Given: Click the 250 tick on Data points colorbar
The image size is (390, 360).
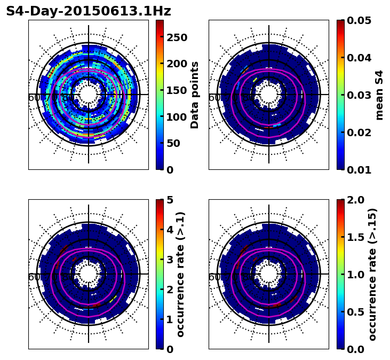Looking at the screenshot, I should click(x=177, y=37).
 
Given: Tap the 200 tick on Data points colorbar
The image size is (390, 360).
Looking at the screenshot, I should click(x=177, y=64).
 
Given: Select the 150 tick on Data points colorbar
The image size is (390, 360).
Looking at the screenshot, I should click(x=177, y=90).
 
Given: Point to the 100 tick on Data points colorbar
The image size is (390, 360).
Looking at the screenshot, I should click(x=177, y=116).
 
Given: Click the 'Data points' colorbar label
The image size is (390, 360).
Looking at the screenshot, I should click(x=195, y=95).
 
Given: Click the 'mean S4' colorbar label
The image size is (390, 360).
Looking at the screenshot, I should click(x=379, y=95).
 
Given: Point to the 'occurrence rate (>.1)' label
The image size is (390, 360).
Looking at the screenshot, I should click(x=180, y=274).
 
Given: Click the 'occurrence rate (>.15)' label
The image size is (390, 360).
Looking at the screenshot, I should click(x=372, y=274).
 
